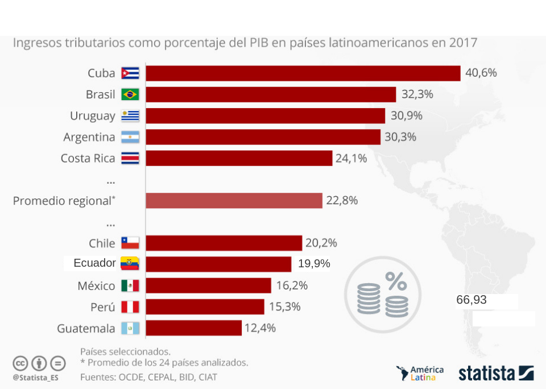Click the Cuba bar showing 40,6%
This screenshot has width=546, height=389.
click(x=303, y=73)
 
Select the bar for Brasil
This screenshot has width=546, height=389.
click(x=271, y=94)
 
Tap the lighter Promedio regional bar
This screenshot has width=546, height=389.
click(x=234, y=201)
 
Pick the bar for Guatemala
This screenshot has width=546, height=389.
click(x=193, y=328)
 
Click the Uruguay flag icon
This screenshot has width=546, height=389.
click(x=130, y=116)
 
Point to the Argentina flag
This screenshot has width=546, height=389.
click(x=130, y=137)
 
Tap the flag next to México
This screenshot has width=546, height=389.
click(x=130, y=285)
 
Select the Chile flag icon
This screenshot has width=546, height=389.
click(x=130, y=243)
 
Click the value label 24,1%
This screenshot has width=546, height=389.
click(x=351, y=158)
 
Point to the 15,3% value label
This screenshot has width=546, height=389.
click(x=284, y=307)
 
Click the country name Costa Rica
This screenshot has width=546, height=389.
click(x=88, y=158)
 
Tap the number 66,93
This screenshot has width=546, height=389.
click(x=471, y=300)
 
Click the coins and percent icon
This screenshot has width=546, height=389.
click(x=382, y=294)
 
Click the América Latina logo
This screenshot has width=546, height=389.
click(x=420, y=374)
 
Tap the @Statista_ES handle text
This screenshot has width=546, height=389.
click(x=35, y=377)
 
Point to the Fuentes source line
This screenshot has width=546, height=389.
click(x=148, y=376)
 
